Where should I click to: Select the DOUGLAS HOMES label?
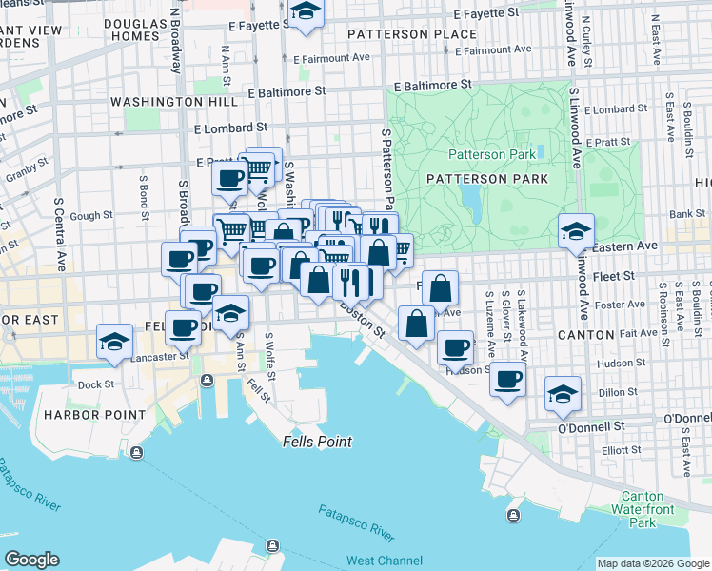pos(134,29)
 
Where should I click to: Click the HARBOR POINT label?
pos(92,415)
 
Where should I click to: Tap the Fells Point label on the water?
pos(317,442)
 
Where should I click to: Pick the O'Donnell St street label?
pos(591,426)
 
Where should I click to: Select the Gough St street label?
pos(90,216)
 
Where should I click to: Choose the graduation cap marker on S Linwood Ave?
pos(576,229)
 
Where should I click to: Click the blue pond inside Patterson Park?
pos(469,200)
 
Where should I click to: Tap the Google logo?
pos(31,560)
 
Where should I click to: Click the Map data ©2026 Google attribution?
pos(653,563)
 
